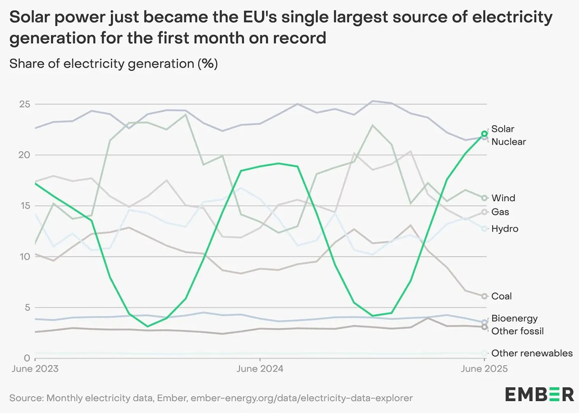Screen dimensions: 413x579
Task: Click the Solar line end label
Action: (x=503, y=129)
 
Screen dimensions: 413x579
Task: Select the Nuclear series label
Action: (x=508, y=142)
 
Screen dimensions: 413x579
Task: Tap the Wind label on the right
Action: (x=503, y=198)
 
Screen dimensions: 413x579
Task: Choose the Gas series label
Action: (x=500, y=212)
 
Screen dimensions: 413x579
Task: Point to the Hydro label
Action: (x=505, y=229)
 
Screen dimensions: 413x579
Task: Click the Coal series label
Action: (x=501, y=296)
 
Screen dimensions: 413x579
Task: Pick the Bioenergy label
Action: (x=514, y=318)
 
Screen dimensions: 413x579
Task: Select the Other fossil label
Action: (x=517, y=331)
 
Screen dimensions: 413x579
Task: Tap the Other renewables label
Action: (x=532, y=353)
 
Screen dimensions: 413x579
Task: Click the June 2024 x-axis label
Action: (x=260, y=369)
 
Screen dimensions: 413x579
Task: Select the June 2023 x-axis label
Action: (x=34, y=369)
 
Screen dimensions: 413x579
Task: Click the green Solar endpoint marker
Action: (x=484, y=134)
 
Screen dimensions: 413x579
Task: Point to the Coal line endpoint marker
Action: (x=484, y=296)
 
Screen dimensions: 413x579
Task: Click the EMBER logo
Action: (x=539, y=394)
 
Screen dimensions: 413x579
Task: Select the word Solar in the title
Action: (x=32, y=18)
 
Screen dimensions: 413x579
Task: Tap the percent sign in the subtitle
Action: (x=208, y=64)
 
